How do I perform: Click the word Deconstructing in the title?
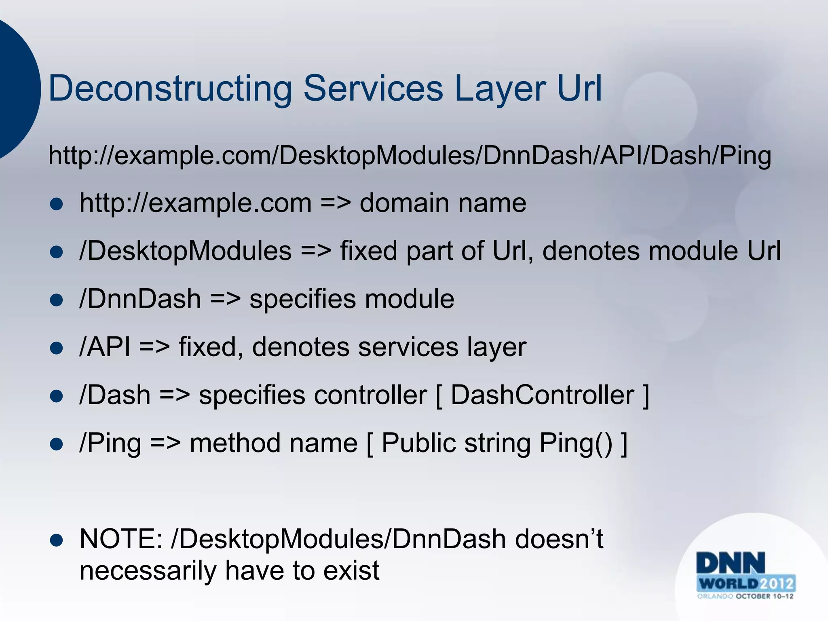170,89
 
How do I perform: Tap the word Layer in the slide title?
500,89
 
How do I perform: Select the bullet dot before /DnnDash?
57,300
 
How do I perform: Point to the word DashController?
542,395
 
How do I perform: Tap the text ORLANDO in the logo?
714,596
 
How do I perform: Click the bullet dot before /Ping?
57,444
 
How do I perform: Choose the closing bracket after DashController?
646,396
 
